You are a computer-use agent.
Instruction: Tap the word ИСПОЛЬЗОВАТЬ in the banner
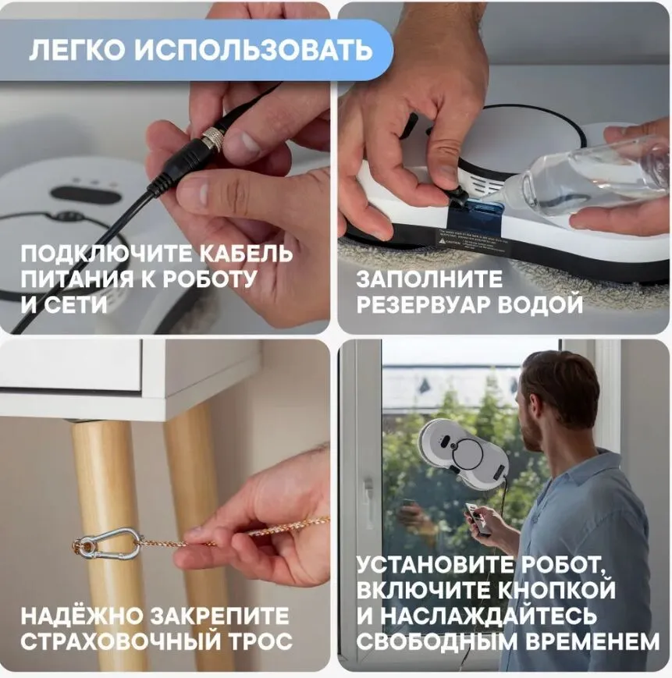(x=253, y=50)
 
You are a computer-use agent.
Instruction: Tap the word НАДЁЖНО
(x=82, y=616)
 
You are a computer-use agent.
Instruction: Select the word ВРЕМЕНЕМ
(x=593, y=641)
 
